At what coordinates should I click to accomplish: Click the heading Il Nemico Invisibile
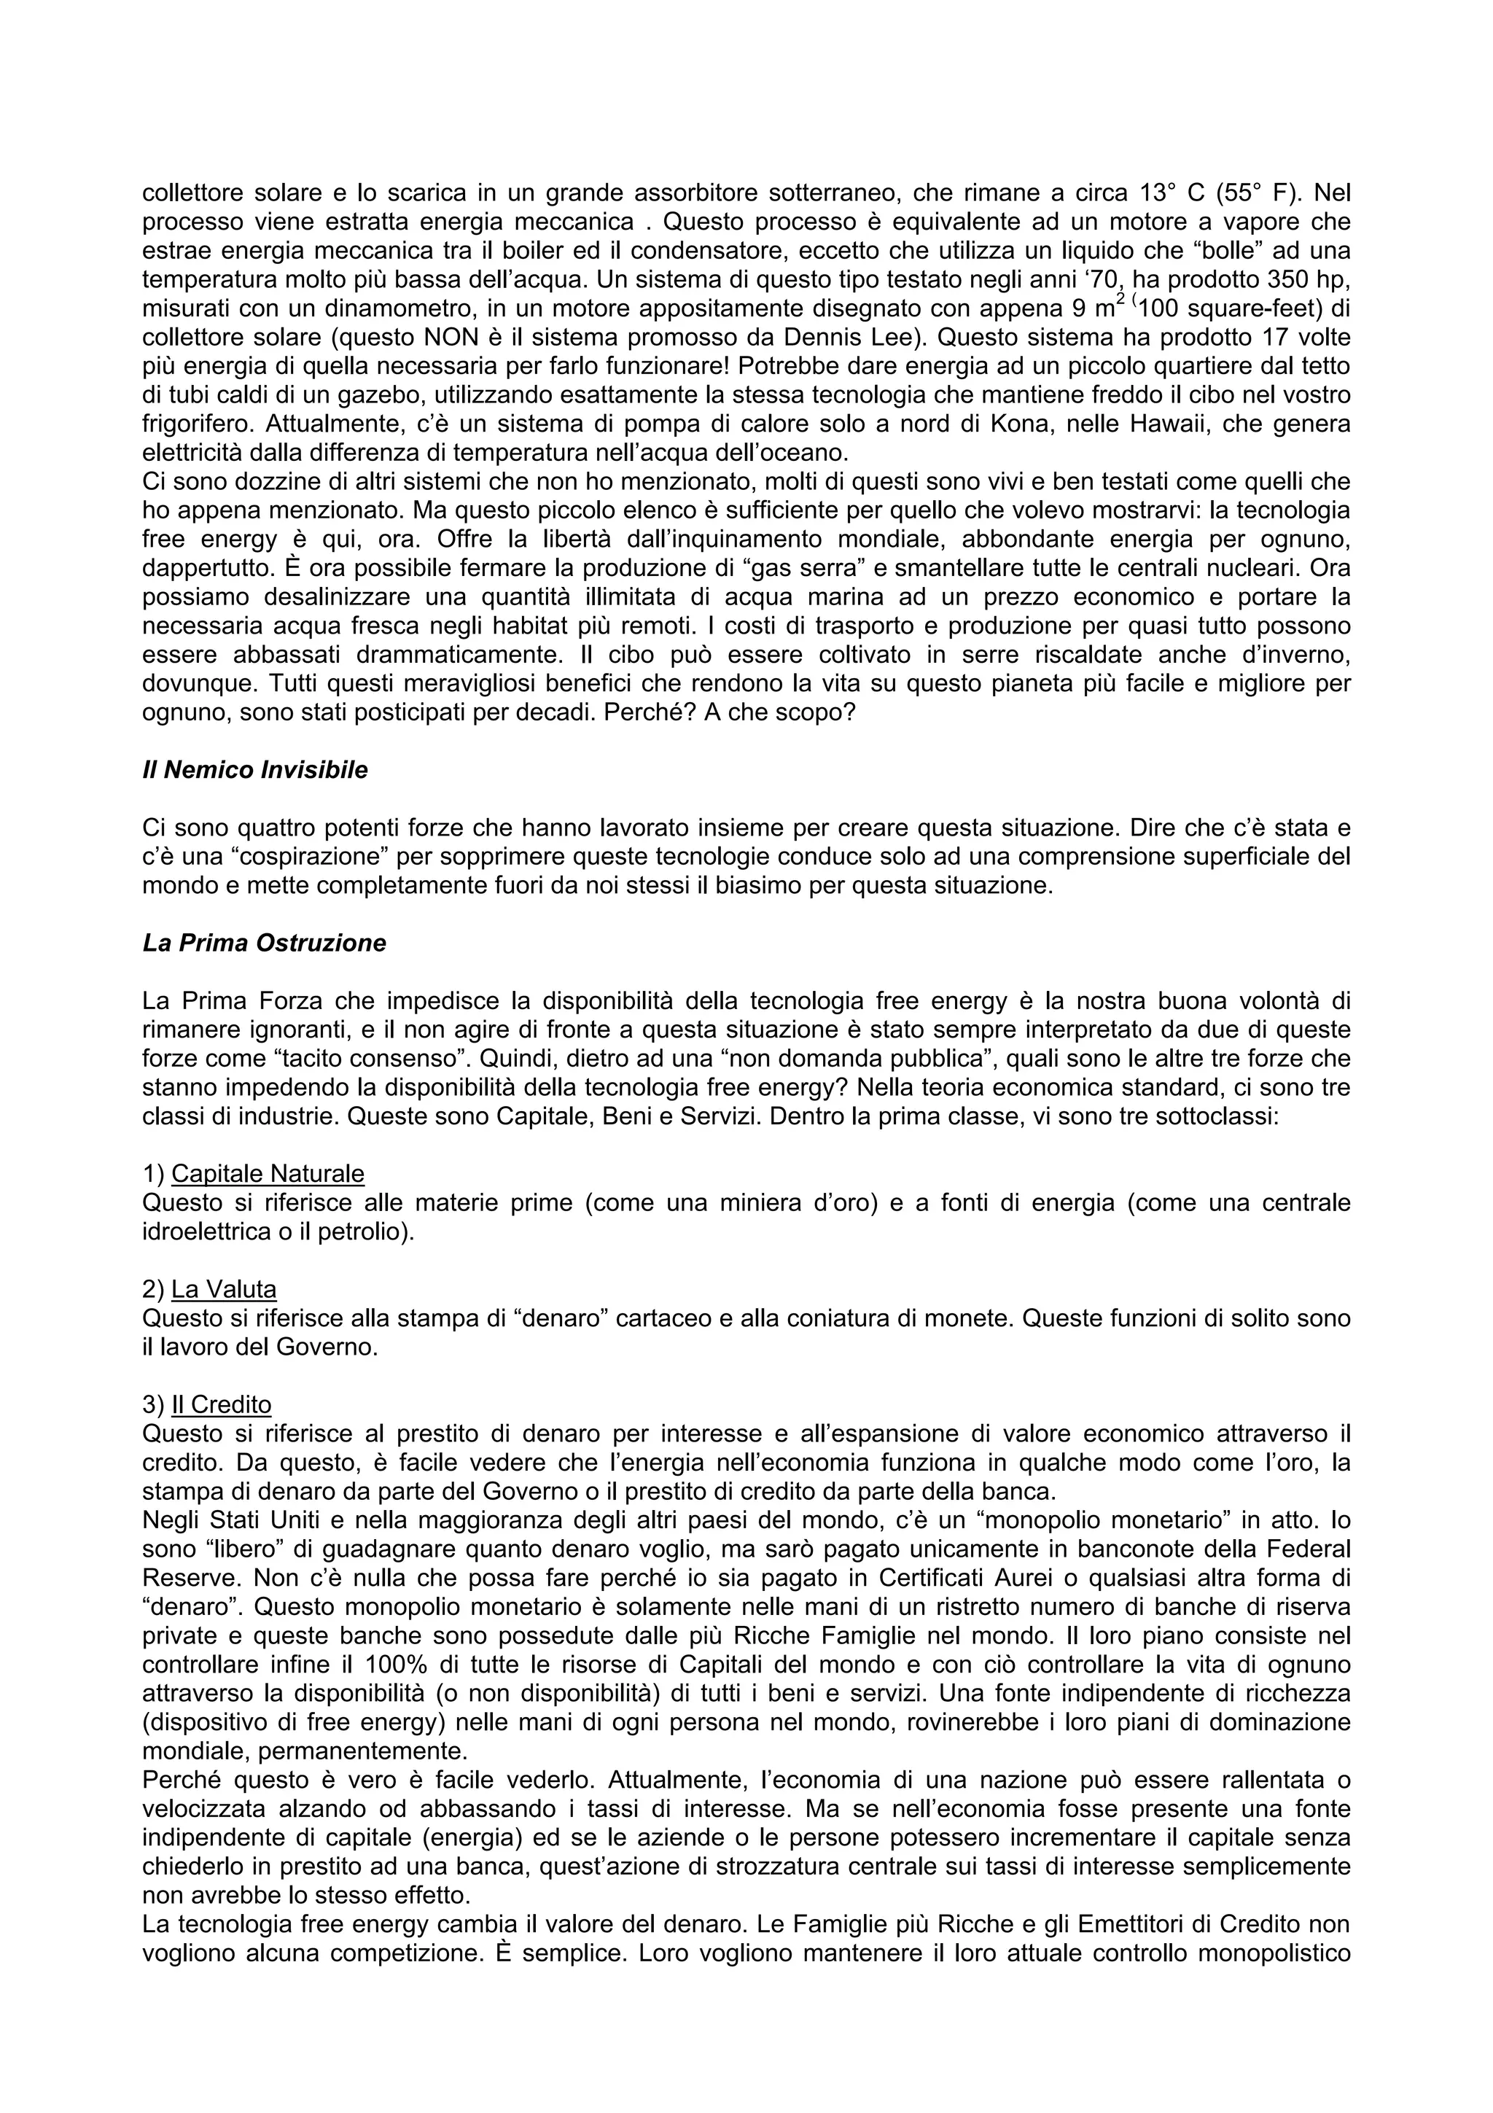(x=255, y=770)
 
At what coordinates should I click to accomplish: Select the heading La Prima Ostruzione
(x=264, y=943)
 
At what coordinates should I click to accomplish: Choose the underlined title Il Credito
(x=221, y=1404)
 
